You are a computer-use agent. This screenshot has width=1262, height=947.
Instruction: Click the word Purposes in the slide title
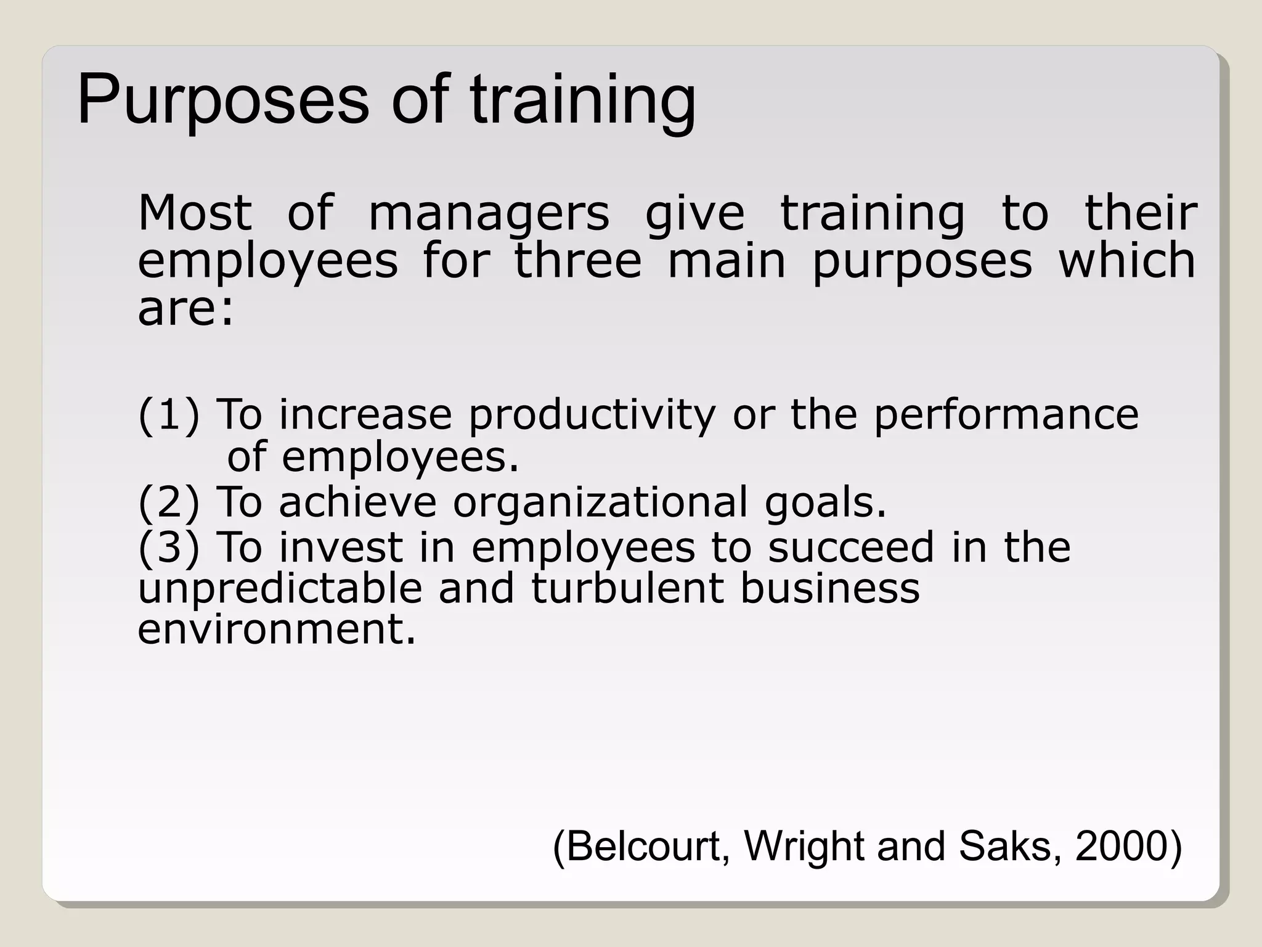pyautogui.click(x=223, y=100)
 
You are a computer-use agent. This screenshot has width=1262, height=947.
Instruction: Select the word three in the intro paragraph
pyautogui.click(x=578, y=261)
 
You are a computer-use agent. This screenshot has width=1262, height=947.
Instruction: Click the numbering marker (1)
pyautogui.click(x=169, y=414)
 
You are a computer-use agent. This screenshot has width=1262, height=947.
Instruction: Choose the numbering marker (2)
pyautogui.click(x=169, y=502)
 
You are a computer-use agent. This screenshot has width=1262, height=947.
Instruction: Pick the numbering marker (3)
pyautogui.click(x=169, y=547)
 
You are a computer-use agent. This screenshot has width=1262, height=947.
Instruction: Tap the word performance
pyautogui.click(x=1006, y=414)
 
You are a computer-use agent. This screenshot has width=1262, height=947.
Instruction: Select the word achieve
pyautogui.click(x=357, y=502)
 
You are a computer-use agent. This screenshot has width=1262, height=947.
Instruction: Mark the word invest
pyautogui.click(x=341, y=547)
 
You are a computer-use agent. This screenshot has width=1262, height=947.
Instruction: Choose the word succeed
pyautogui.click(x=850, y=547)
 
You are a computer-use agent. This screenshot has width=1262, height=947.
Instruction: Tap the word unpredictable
pyautogui.click(x=280, y=589)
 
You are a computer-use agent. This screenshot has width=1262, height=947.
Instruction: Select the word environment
pyautogui.click(x=277, y=629)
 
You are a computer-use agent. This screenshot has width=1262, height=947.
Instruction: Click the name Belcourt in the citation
pyautogui.click(x=643, y=846)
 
